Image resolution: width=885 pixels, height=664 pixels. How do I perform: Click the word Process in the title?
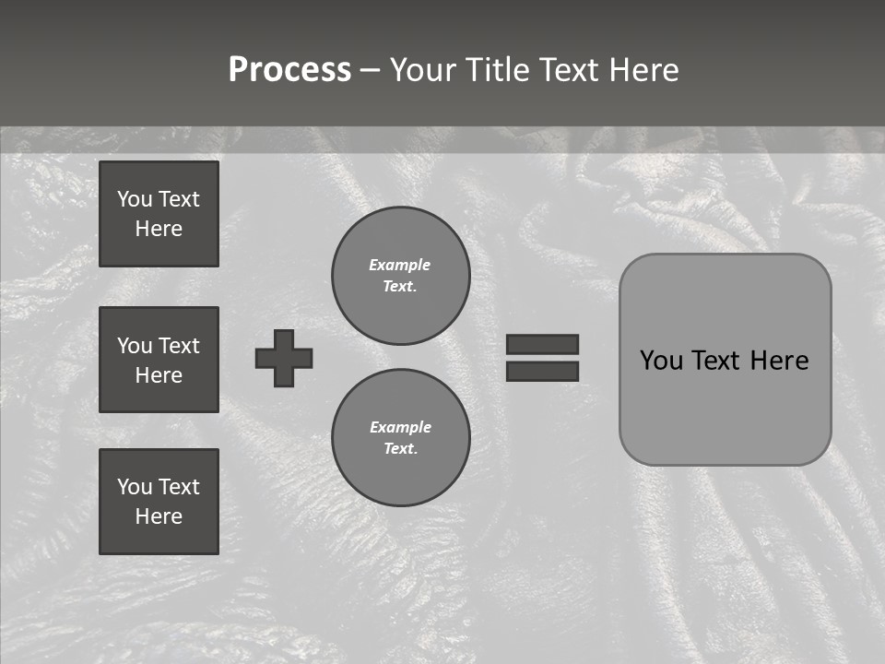[x=289, y=70]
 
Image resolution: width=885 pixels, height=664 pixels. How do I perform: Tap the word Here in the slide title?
[x=643, y=70]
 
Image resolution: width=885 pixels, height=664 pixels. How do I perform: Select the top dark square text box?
[x=159, y=214]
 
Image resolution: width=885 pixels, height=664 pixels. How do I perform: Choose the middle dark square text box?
[x=159, y=360]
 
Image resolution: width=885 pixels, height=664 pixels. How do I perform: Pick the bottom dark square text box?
[x=159, y=502]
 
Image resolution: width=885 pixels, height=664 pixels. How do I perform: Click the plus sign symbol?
[x=284, y=358]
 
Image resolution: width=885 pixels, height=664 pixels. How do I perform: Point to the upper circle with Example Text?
[x=401, y=276]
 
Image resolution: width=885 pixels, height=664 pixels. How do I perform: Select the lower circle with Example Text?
[x=401, y=438]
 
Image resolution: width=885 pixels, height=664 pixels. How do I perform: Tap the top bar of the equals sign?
[x=542, y=344]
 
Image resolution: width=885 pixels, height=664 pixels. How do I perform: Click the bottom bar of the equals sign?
[x=542, y=371]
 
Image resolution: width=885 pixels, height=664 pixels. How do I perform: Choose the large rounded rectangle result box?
[x=725, y=406]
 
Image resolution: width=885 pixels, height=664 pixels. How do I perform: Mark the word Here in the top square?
[x=159, y=229]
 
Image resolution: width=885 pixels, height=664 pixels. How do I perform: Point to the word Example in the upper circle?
[x=400, y=265]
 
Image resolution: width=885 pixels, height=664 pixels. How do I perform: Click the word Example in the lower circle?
[x=400, y=427]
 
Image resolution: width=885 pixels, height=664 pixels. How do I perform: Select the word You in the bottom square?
[x=134, y=487]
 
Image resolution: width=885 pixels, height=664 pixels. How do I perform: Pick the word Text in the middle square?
[x=178, y=346]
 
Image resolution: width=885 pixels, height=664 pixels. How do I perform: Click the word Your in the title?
[x=425, y=70]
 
